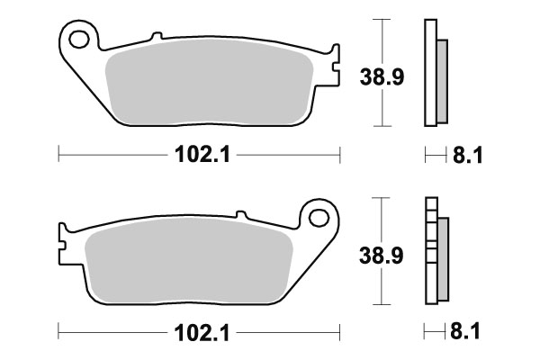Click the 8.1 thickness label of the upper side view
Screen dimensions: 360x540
point(468,157)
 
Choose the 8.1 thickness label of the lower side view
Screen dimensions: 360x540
point(468,333)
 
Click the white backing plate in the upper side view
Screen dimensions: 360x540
point(429,72)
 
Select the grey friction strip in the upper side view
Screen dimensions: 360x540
point(441,81)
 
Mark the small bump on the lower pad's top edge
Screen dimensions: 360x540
point(240,214)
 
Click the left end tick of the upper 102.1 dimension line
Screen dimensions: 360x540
point(58,155)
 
